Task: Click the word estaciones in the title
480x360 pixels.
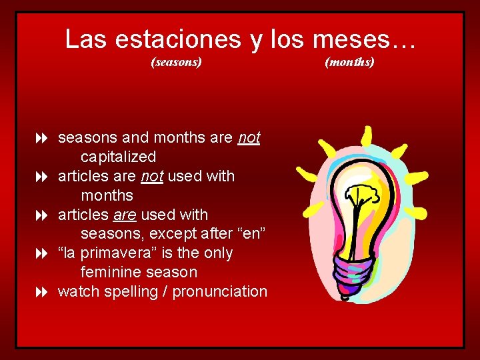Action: [177, 40]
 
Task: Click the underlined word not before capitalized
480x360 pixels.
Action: [249, 138]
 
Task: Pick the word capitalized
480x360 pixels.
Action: [118, 157]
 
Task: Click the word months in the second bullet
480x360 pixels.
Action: [107, 196]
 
